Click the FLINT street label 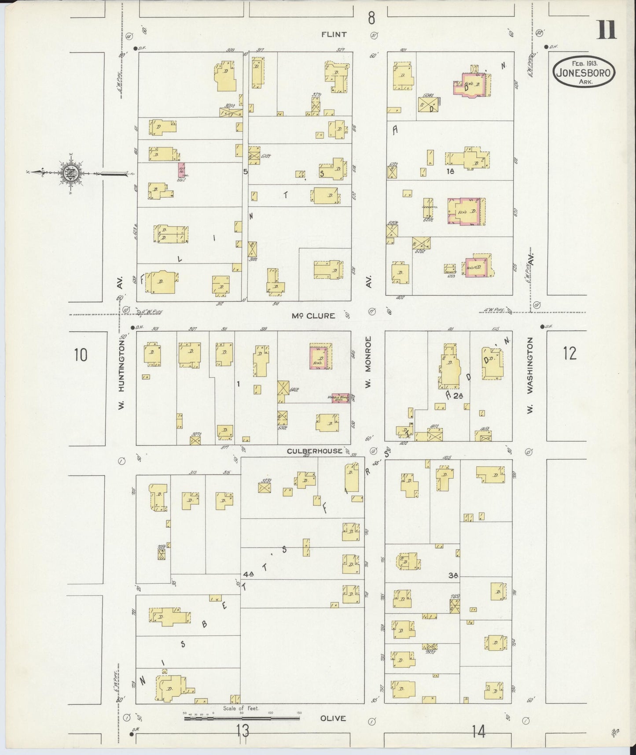click(x=334, y=34)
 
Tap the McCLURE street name click(x=313, y=316)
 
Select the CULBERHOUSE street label click(x=314, y=451)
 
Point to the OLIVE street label click(x=333, y=718)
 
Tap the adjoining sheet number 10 click(x=81, y=355)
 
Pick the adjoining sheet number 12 click(x=570, y=353)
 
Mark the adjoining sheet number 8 click(x=371, y=18)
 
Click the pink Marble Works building click(x=340, y=398)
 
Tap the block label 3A click(x=453, y=575)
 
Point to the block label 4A click(x=248, y=574)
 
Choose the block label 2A click(x=459, y=396)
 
